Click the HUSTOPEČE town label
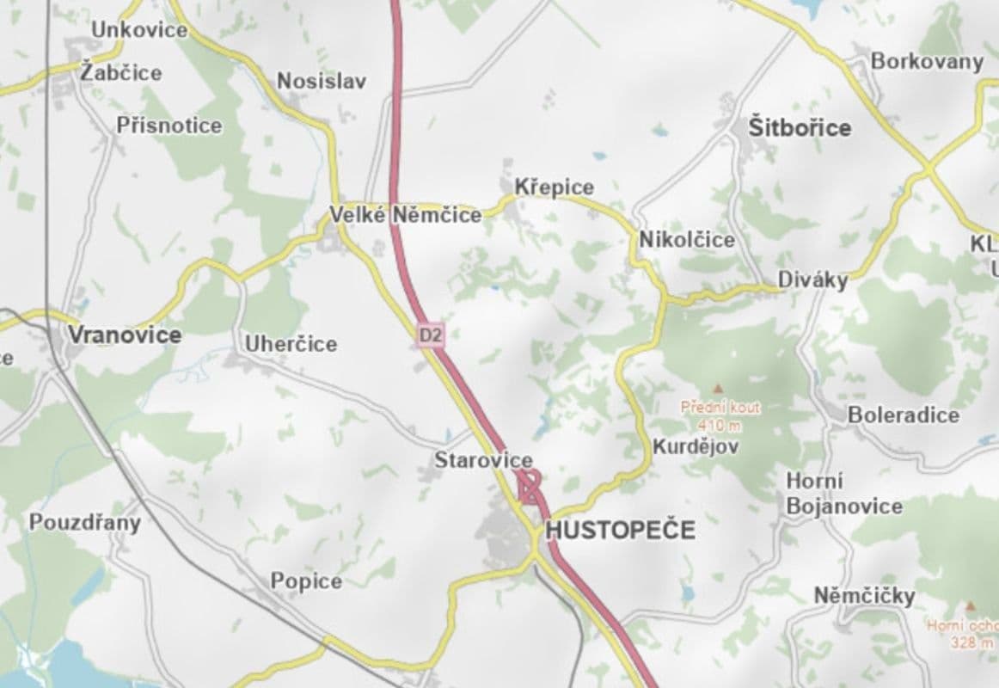(x=620, y=530)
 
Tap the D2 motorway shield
(x=431, y=335)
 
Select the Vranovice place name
(x=125, y=335)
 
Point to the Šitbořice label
(x=800, y=128)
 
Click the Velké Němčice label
(x=407, y=215)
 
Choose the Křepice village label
(x=554, y=187)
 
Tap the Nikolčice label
(x=687, y=239)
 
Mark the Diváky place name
(x=812, y=279)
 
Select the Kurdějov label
(x=695, y=447)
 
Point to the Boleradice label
(x=903, y=415)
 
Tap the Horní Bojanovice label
(x=843, y=494)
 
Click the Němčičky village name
(x=864, y=595)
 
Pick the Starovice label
(x=482, y=460)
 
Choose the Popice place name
(x=306, y=581)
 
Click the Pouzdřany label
(x=84, y=522)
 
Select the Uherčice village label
(x=291, y=344)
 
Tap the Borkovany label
(x=926, y=61)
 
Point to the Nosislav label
(x=321, y=82)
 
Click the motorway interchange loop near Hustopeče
(x=530, y=489)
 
